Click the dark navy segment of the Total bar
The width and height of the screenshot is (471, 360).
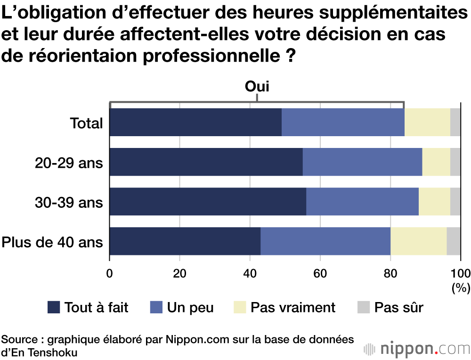pos(195,123)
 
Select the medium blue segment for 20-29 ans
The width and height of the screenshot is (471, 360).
pos(362,162)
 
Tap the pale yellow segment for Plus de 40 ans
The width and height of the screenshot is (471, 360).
pos(418,241)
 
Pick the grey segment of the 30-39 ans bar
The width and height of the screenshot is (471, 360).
pos(455,202)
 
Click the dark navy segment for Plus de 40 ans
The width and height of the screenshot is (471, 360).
pos(185,241)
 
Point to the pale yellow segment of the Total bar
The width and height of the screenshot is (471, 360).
pos(427,123)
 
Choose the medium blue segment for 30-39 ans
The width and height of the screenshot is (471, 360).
pos(362,202)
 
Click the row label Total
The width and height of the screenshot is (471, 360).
pos(86,123)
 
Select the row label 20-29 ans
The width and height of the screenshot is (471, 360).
pos(69,163)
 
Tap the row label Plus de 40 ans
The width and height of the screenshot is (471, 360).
pos(52,242)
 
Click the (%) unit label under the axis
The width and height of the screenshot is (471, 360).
pos(458,288)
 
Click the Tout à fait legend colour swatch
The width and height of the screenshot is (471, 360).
pos(54,308)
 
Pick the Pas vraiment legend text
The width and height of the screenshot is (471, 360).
pos(292,308)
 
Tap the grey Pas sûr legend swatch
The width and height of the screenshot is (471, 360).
pos(362,308)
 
